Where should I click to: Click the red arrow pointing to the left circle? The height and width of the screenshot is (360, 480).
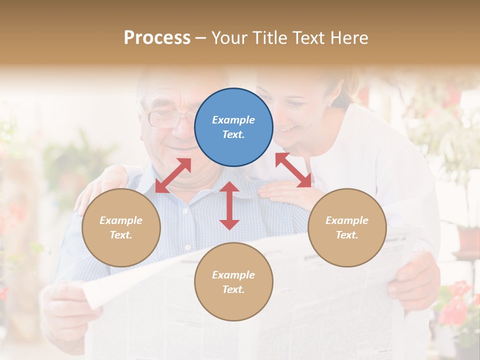pos(173,175)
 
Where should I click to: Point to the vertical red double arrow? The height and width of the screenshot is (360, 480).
pos(229,205)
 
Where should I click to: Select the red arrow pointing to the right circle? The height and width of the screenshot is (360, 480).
pos(293,170)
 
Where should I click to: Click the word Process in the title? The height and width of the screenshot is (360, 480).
pos(157,37)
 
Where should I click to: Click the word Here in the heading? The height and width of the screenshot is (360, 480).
pos(348,37)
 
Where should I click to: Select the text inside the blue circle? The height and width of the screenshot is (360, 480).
pos(233,127)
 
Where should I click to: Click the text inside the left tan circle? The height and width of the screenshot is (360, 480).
pos(121,227)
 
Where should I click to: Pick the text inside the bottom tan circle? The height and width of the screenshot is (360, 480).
pos(233,282)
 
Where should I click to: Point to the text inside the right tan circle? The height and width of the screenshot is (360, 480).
pos(347,227)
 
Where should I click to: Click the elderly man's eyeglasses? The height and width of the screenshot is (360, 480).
pos(165,118)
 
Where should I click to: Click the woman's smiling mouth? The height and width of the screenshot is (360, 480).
pos(287,129)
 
